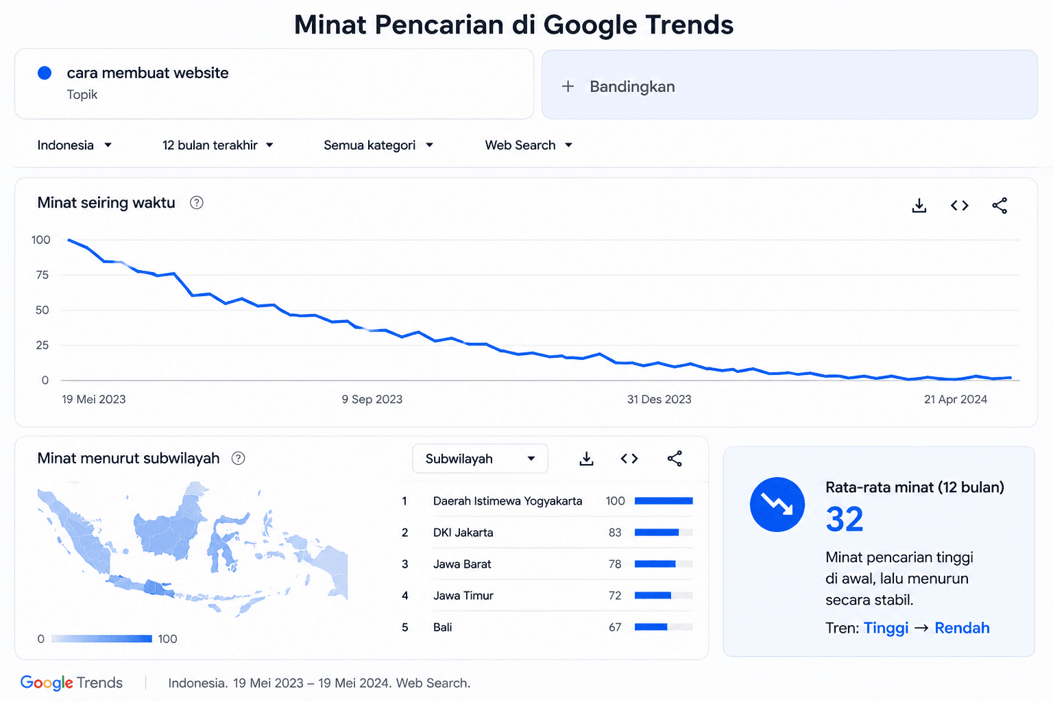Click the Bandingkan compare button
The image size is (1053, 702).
(x=789, y=84)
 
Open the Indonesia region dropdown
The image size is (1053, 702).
(x=74, y=145)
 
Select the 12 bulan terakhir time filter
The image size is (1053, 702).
(x=217, y=145)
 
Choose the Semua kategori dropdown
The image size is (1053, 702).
(x=378, y=145)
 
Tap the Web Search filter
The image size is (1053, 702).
(x=529, y=145)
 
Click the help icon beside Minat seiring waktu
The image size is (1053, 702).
(x=197, y=203)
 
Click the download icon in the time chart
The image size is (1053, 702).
(x=919, y=206)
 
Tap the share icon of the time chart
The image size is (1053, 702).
(x=1000, y=206)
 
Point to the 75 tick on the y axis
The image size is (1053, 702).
(x=43, y=275)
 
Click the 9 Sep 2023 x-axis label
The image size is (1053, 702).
(x=372, y=399)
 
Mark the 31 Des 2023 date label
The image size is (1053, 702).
(x=659, y=399)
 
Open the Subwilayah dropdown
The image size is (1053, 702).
(x=480, y=459)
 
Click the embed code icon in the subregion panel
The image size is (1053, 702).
(x=629, y=459)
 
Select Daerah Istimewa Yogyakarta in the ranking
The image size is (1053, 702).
(x=507, y=500)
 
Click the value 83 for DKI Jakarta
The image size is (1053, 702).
(x=615, y=532)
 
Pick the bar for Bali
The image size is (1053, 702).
(x=651, y=627)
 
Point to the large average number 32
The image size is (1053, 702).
(x=845, y=519)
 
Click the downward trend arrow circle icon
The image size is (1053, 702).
(x=777, y=505)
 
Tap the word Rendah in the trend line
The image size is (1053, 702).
(x=962, y=628)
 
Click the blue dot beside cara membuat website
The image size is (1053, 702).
(x=45, y=73)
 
